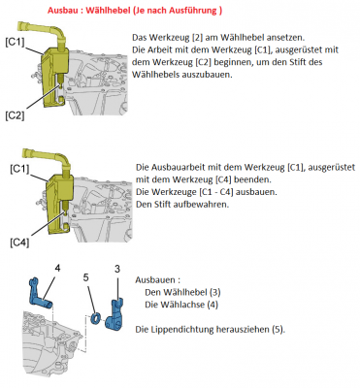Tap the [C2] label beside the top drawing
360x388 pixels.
pyautogui.click(x=14, y=115)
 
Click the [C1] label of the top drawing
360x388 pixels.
pyautogui.click(x=15, y=42)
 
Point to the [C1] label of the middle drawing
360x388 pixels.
pyautogui.click(x=18, y=168)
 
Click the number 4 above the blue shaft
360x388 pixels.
pyautogui.click(x=57, y=266)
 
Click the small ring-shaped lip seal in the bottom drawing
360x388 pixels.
pyautogui.click(x=97, y=316)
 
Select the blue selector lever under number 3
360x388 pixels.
pyautogui.click(x=118, y=303)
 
